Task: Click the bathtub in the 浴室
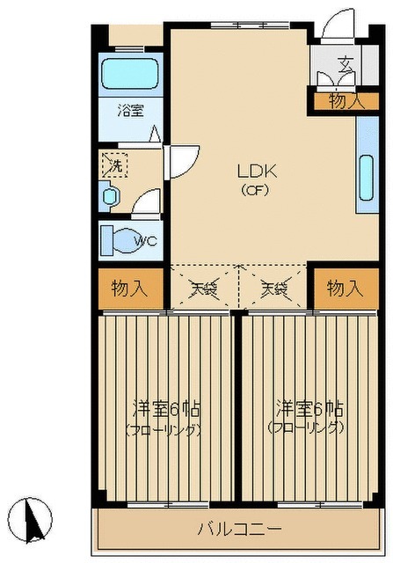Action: tap(129, 74)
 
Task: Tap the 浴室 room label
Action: tap(131, 112)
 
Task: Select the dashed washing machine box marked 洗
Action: tap(113, 165)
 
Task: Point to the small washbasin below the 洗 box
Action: tap(110, 196)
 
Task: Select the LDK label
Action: tap(256, 172)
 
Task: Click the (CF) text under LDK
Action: tap(256, 189)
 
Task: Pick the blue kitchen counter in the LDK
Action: tap(367, 165)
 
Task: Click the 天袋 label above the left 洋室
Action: tap(203, 288)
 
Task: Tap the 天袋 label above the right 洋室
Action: tap(274, 288)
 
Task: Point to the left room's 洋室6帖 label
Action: tap(167, 410)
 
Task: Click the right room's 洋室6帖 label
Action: tap(309, 410)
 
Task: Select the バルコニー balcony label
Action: tap(238, 530)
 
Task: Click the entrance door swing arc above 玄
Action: tap(335, 26)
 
